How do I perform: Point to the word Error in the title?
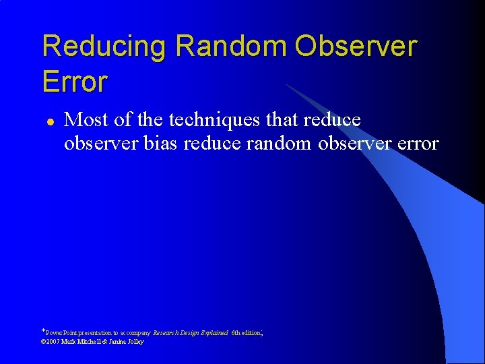[75, 82]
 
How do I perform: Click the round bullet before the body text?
[48, 122]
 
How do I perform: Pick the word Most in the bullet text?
[84, 120]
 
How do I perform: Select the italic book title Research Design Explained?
[191, 333]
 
